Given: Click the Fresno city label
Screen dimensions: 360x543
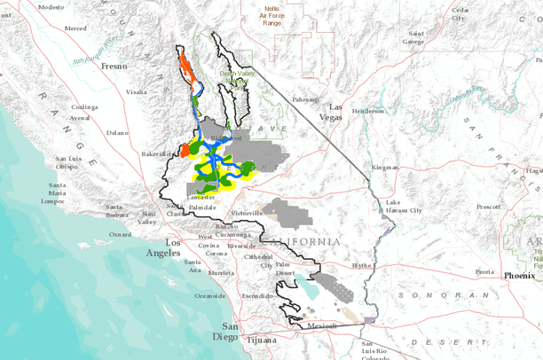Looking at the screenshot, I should (114, 66).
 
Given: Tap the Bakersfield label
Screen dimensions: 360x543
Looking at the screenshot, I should (156, 154).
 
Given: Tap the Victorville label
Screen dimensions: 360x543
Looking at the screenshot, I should (247, 214).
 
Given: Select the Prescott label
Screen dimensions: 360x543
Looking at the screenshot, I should (487, 207).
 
